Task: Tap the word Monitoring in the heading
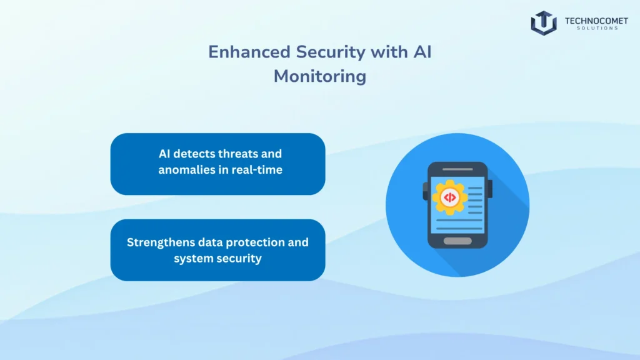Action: click(319, 76)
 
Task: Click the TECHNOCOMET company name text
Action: click(596, 21)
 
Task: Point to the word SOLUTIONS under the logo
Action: click(596, 28)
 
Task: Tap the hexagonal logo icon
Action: click(544, 22)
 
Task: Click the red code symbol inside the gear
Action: click(449, 197)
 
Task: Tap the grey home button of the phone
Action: click(457, 241)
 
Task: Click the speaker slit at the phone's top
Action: click(457, 169)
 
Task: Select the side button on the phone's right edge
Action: click(490, 188)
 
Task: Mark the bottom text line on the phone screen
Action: click(459, 229)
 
